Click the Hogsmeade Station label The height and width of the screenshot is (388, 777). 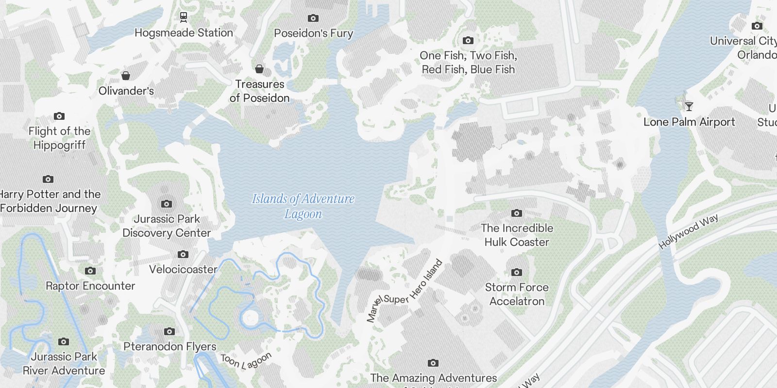click(x=184, y=33)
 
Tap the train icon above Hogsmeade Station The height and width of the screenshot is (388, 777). click(x=184, y=17)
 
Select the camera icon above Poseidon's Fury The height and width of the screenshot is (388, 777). click(x=313, y=18)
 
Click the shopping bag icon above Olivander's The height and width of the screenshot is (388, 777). click(x=126, y=76)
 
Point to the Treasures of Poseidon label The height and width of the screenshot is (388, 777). click(x=260, y=91)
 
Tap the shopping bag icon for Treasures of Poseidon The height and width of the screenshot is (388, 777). click(x=259, y=69)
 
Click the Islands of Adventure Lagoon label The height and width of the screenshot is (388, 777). click(x=303, y=206)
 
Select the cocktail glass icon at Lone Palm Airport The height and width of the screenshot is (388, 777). click(x=689, y=106)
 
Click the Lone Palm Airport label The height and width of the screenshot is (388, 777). click(x=689, y=122)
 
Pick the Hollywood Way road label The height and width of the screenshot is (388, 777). click(x=688, y=232)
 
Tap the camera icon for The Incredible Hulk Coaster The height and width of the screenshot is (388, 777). click(x=517, y=213)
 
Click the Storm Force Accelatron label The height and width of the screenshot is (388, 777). click(x=517, y=294)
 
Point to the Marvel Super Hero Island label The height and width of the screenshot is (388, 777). click(x=405, y=291)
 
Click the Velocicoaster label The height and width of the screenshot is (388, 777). click(x=183, y=269)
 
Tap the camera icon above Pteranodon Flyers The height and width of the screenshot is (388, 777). click(x=169, y=331)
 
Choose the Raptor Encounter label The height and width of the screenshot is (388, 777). click(x=90, y=286)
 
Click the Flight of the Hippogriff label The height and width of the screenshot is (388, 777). click(x=59, y=138)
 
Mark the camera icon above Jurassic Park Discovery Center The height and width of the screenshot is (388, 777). click(x=166, y=204)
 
